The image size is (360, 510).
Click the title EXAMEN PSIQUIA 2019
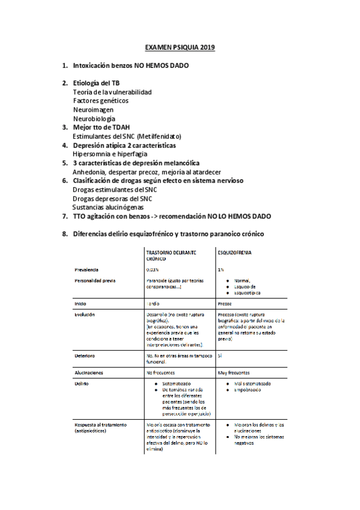tap(180, 47)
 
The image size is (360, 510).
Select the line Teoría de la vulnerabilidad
tap(112, 92)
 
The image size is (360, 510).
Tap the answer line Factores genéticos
tap(100, 101)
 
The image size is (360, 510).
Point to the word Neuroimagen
tap(93, 110)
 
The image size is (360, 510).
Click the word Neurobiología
tap(94, 119)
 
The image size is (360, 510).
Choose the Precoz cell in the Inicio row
tap(225, 303)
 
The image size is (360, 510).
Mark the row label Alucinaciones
tap(91, 373)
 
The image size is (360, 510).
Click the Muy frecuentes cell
tap(233, 373)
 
